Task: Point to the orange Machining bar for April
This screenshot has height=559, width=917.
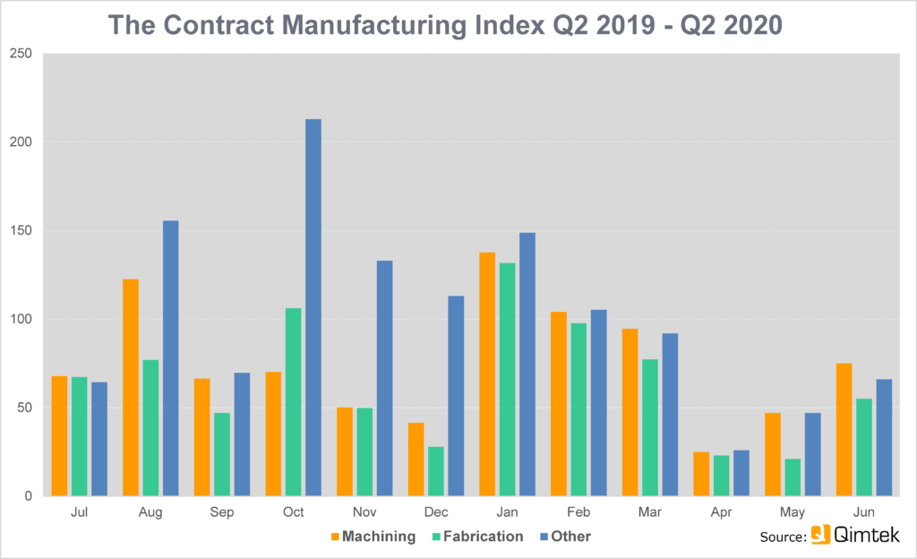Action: tap(701, 474)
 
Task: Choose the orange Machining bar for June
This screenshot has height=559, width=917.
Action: tap(844, 429)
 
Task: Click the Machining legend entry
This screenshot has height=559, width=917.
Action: tap(373, 537)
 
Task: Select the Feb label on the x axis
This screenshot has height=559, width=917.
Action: tap(578, 512)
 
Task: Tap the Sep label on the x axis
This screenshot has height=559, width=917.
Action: tap(222, 512)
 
